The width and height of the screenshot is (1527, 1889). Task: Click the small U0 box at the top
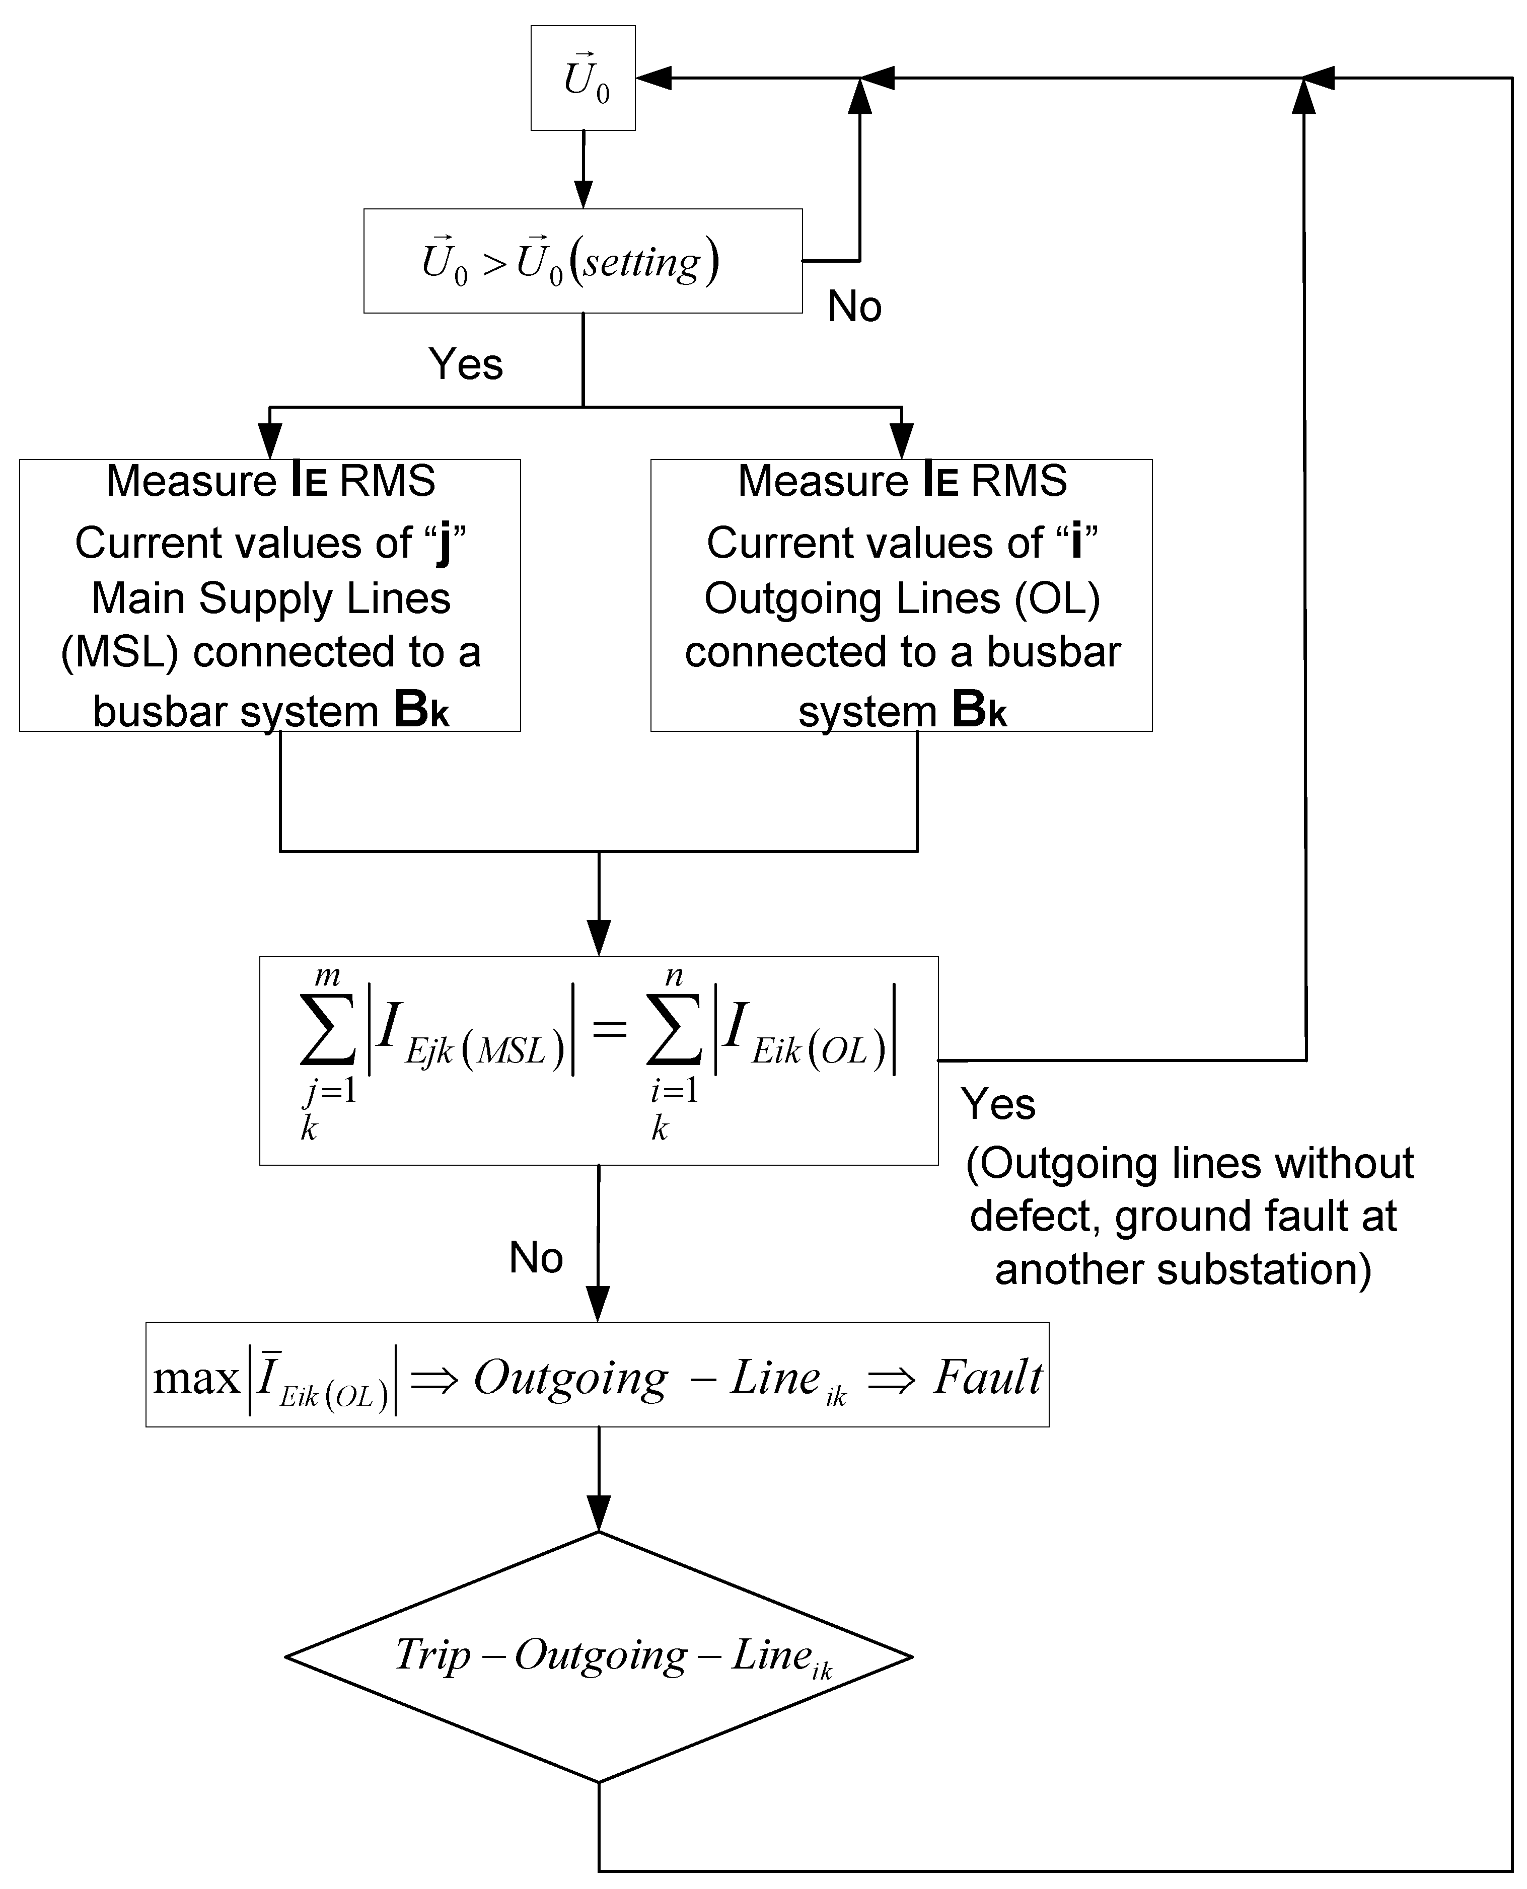click(583, 79)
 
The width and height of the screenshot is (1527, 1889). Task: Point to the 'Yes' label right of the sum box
click(998, 1104)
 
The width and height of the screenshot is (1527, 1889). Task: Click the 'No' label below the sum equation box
click(536, 1258)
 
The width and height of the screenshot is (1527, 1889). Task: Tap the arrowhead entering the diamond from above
click(599, 1515)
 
